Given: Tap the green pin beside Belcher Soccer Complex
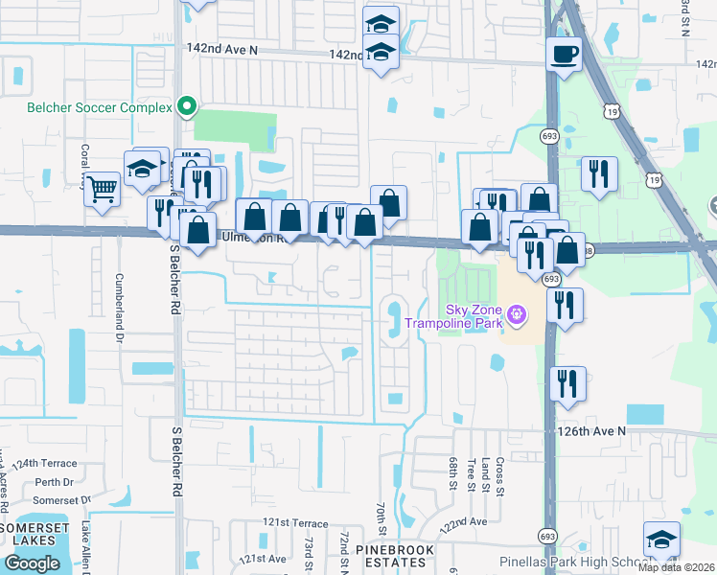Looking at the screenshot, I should [189, 106].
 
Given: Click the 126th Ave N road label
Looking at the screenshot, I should [592, 431].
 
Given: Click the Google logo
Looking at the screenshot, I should [32, 563].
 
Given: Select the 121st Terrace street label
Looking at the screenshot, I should [296, 523].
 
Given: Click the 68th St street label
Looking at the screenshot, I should [451, 471].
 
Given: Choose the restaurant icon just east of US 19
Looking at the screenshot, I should [599, 173].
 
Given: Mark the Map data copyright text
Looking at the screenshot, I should [677, 567].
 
